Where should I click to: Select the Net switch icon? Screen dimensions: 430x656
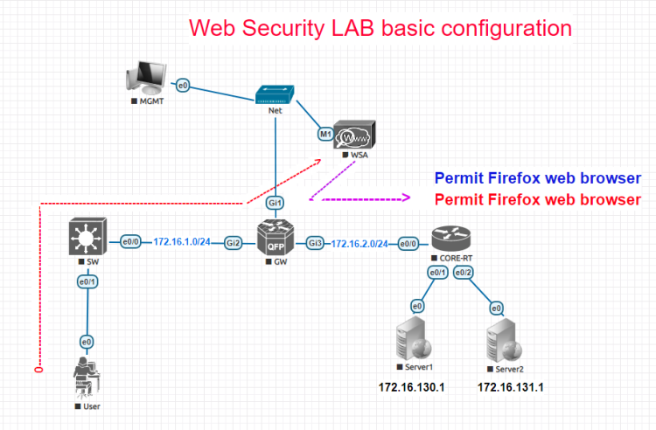[x=276, y=93]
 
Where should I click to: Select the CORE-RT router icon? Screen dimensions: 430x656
[x=450, y=241]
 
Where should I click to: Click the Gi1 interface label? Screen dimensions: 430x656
[x=276, y=203]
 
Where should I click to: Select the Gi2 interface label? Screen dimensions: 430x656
[x=234, y=242]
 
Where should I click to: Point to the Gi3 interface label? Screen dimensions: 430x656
[x=316, y=242]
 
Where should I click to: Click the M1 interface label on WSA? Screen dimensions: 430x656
[x=325, y=135]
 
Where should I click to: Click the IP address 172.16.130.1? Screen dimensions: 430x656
[x=411, y=387]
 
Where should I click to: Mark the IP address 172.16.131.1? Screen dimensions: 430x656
[x=510, y=387]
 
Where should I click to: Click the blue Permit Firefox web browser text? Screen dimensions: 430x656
[x=537, y=178]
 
